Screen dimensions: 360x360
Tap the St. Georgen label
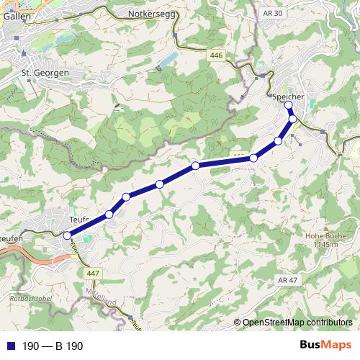coord(45,73)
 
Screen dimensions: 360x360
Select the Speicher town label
coord(289,96)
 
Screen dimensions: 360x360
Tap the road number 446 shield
coord(216,55)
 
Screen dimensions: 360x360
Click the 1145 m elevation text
coord(322,245)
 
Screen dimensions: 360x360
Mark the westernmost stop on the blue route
coord(67,235)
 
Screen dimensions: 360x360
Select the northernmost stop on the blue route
coord(289,105)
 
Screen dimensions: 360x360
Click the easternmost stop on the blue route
coord(293,119)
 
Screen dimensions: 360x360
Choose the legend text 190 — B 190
coord(53,346)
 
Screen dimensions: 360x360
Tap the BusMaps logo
coord(325,346)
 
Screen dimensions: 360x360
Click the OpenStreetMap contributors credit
coord(297,323)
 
